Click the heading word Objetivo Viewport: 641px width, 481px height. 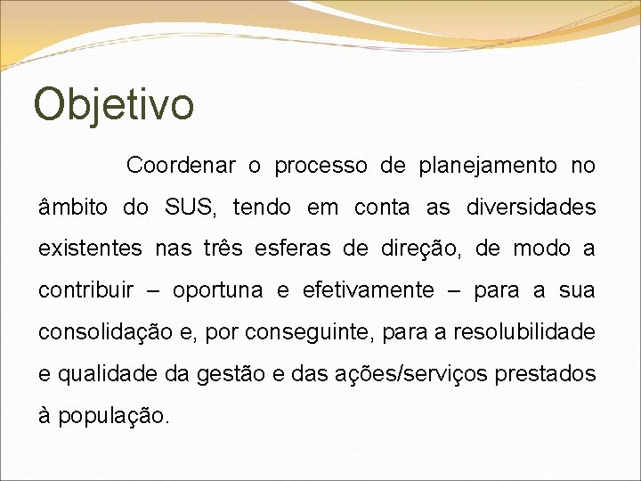(114, 104)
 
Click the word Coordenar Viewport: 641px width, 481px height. (181, 166)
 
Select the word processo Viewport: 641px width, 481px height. (320, 166)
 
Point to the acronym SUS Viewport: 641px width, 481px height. (190, 208)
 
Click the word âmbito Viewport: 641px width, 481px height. (73, 208)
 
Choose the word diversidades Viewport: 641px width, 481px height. (531, 208)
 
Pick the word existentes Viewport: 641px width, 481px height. (90, 249)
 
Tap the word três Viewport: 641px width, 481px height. (223, 249)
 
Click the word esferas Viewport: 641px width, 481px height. (299, 249)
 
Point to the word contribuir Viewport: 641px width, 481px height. (85, 290)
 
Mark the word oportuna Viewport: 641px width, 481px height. (218, 290)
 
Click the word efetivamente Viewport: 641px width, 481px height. (369, 290)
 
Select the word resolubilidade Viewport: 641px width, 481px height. (524, 332)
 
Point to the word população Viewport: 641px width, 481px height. (112, 416)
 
